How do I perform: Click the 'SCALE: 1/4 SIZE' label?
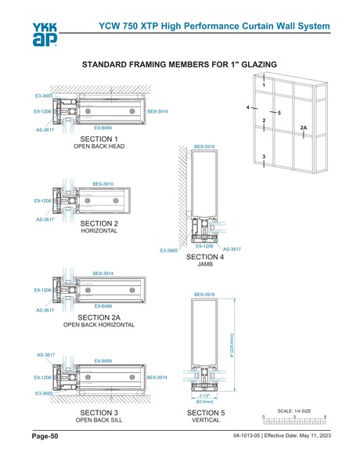[294, 410]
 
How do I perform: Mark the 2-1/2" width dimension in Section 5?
[204, 396]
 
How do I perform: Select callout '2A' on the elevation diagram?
[303, 126]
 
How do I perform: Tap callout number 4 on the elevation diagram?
[247, 107]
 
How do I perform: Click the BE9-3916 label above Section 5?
[204, 294]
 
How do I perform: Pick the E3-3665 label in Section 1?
[44, 95]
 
